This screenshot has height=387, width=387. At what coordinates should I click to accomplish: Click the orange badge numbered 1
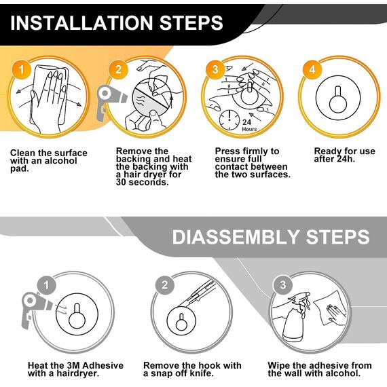click(22, 70)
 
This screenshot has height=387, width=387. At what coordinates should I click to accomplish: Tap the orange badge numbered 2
click(118, 70)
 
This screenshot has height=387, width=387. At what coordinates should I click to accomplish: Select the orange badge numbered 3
click(215, 70)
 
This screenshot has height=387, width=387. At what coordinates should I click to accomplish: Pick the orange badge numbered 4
click(312, 70)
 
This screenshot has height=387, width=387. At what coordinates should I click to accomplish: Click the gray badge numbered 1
click(47, 285)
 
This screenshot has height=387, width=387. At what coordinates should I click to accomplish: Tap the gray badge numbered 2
click(165, 285)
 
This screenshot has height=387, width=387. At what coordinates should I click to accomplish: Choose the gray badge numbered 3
click(283, 285)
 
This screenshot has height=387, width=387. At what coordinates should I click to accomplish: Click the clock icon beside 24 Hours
click(229, 120)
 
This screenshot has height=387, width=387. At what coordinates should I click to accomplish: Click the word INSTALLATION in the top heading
click(81, 23)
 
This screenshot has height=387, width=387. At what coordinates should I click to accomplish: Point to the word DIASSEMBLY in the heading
click(236, 237)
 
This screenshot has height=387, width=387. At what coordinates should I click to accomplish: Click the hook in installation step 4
click(338, 98)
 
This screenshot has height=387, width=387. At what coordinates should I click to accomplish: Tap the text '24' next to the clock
click(247, 122)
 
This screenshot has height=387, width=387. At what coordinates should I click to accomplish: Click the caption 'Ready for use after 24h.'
click(344, 155)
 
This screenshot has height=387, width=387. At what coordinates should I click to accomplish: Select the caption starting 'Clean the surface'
click(49, 161)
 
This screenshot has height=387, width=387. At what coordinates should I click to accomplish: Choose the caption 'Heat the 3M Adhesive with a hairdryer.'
click(75, 369)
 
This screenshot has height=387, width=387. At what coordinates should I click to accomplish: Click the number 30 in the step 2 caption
click(122, 182)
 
